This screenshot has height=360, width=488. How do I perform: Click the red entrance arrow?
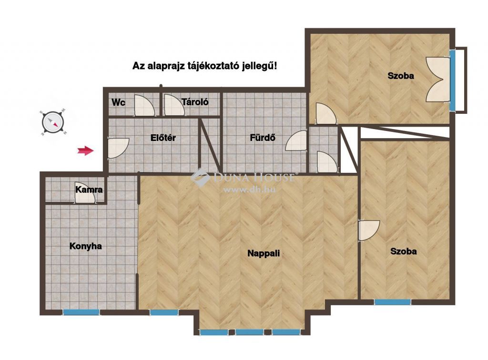coord(86,151)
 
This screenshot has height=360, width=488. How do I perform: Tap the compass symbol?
coord(53,123)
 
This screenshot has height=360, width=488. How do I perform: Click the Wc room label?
coord(118,102)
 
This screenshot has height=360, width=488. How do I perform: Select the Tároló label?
coord(195,101)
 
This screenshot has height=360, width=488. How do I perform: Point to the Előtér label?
coord(163,138)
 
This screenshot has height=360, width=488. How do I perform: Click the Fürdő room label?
coord(263,138)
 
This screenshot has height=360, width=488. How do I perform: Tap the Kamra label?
coord(89,190)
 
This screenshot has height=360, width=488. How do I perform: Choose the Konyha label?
coord(86,246)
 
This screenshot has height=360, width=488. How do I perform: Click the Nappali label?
coord(264,253)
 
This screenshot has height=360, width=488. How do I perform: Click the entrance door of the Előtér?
coord(118,148)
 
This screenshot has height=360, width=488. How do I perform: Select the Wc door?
coord(144,105)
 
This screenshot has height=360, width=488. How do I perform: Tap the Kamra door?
coord(85,193)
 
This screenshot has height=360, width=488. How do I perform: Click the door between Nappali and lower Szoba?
coord(368,230)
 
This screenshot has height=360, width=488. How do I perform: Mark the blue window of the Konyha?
coord(81,312)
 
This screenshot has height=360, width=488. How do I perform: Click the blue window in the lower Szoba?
coord(393,302)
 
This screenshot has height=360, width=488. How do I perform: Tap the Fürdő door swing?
coord(296,140)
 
